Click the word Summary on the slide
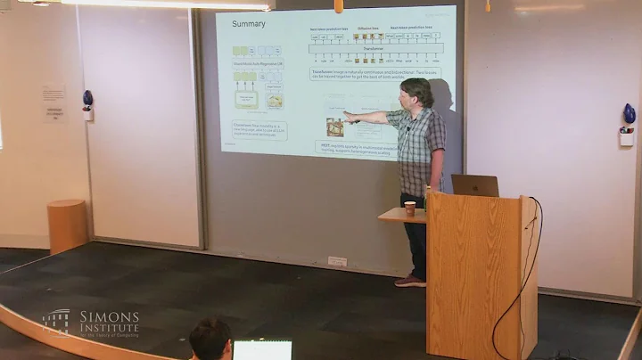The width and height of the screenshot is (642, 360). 249,24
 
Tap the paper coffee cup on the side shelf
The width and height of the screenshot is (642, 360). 409,208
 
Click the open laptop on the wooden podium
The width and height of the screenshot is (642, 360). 474,185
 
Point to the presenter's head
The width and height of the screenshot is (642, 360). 416,92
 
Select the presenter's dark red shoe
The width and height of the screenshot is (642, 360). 411,282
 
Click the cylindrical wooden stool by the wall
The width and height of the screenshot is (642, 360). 67,225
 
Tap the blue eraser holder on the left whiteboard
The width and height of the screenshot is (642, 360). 87,98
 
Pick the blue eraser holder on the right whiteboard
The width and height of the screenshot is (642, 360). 629,114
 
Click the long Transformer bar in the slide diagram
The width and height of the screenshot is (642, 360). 375,49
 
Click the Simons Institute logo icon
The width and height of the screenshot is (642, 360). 56,323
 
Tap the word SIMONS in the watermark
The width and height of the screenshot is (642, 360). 109,317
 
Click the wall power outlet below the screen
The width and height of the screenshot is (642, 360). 337,261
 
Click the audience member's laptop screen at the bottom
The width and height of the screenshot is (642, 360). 262,350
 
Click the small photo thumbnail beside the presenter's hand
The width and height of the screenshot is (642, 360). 335,127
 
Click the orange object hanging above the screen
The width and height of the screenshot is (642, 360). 338,5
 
